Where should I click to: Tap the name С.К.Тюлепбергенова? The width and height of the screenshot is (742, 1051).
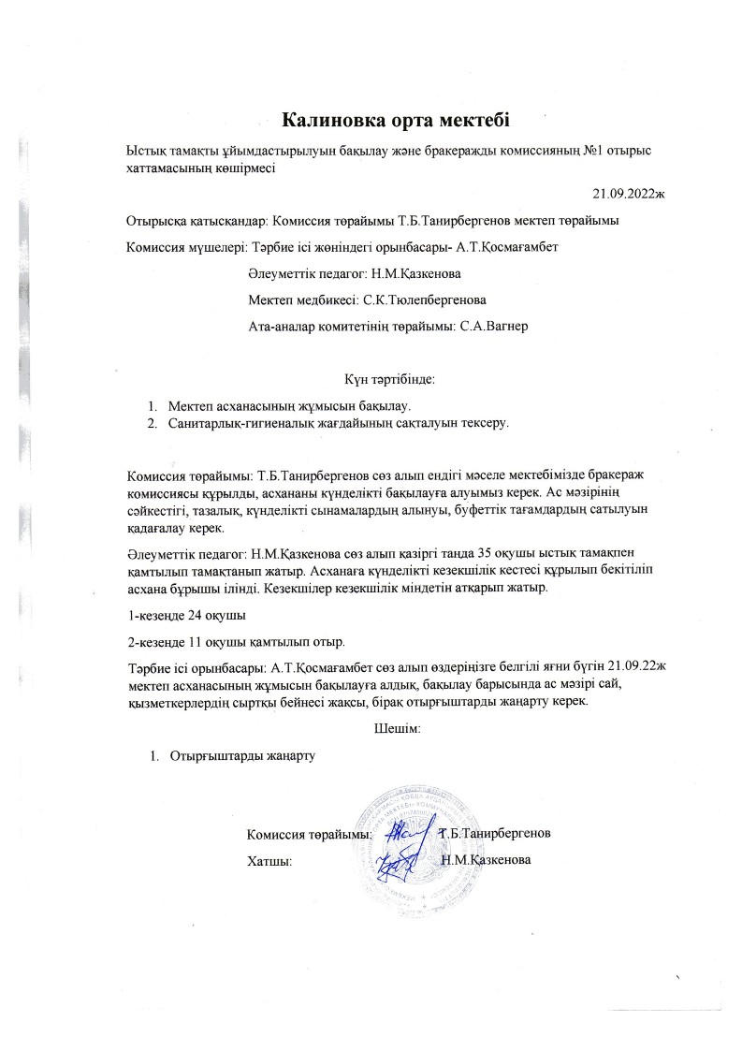(x=424, y=300)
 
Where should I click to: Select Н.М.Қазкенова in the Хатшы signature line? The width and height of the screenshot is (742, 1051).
(x=486, y=859)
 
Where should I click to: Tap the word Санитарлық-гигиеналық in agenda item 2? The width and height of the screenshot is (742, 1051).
(x=235, y=424)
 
